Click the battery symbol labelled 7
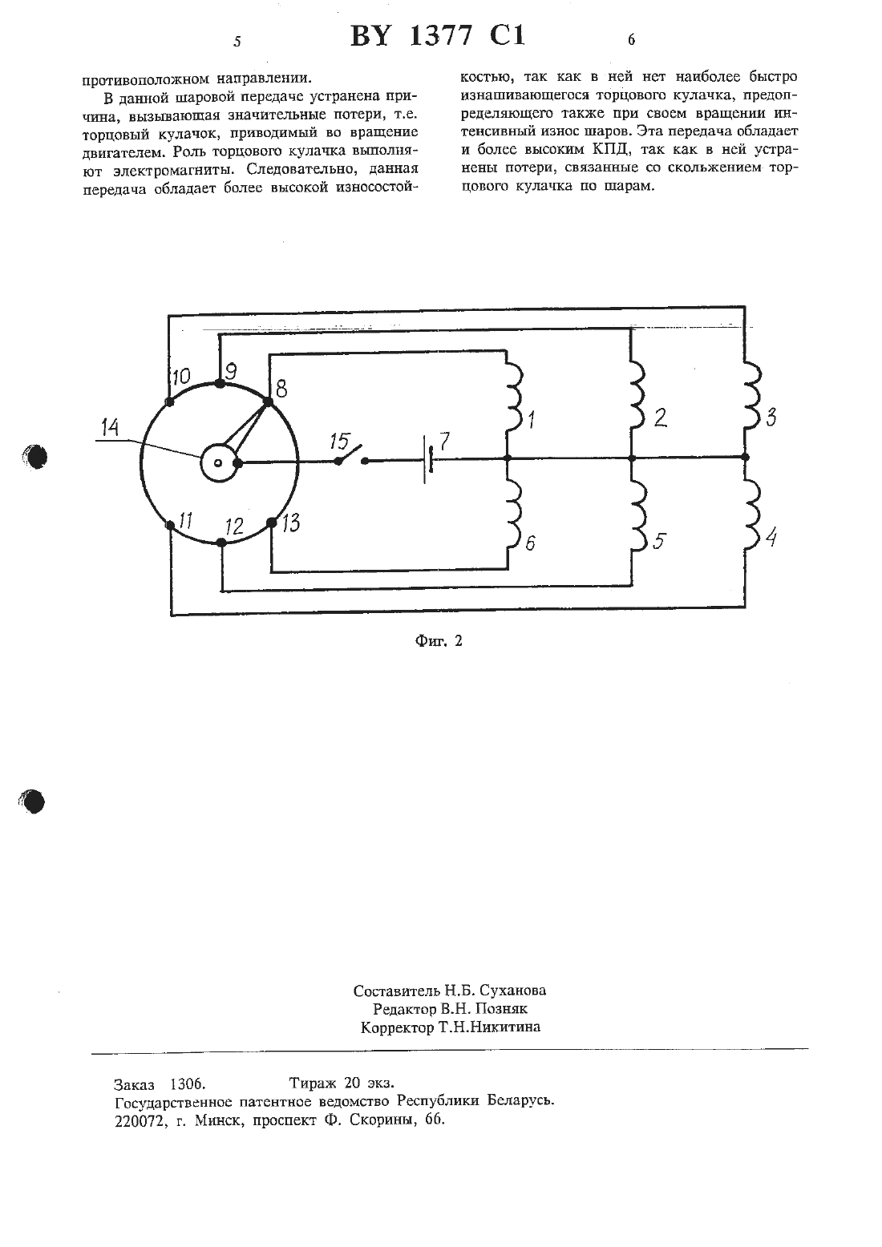click(428, 460)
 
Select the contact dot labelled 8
click(268, 402)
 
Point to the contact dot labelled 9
click(220, 383)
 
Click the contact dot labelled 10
click(169, 402)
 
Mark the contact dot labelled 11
click(170, 525)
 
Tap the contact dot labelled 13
click(271, 523)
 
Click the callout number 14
click(111, 427)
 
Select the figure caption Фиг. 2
click(439, 641)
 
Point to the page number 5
click(237, 42)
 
